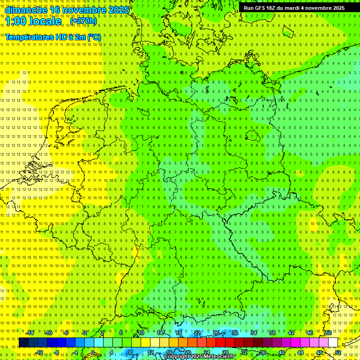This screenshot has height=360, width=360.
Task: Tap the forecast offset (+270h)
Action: coord(83,21)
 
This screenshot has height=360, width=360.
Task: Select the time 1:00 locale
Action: coord(33,21)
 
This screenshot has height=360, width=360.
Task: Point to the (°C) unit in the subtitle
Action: coord(94,37)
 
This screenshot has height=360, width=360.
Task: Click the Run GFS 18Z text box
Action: coord(294,8)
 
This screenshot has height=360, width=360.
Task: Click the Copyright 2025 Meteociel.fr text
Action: coord(199,357)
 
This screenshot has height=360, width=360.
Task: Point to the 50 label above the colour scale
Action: coord(329,333)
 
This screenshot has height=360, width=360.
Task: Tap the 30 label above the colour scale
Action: coord(234,333)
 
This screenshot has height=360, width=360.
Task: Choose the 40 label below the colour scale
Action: coord(281,352)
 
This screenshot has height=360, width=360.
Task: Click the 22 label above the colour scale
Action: coord(197,333)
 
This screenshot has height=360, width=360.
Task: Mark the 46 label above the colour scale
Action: coord(309,333)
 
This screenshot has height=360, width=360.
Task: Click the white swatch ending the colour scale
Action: coord(333,343)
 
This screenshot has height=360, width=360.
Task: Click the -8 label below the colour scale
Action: coord(57,352)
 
